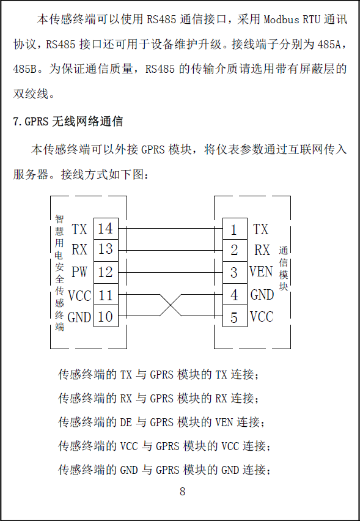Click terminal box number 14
[x=106, y=229]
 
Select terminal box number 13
[x=106, y=250]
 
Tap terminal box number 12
[x=106, y=272]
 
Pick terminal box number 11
[x=106, y=294]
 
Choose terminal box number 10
[x=106, y=316]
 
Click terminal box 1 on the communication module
[x=235, y=229]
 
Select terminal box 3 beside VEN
[x=235, y=272]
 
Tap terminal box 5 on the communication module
[x=235, y=316]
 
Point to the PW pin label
[x=79, y=272]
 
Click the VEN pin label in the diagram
[x=261, y=272]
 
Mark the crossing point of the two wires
[x=171, y=305]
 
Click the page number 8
[x=182, y=492]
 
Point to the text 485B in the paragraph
[x=24, y=69]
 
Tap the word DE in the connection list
[x=126, y=423]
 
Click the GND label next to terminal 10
[x=79, y=317]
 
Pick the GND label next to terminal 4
[x=262, y=295]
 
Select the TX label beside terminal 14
[x=79, y=229]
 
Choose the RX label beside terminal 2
[x=262, y=250]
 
